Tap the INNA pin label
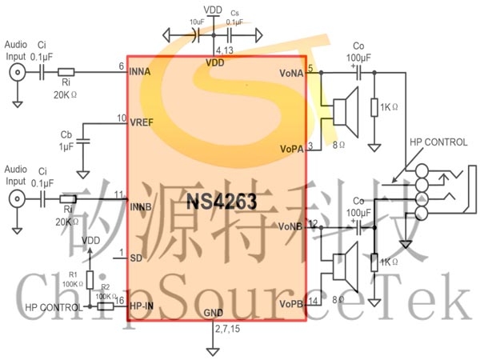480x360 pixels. (142, 71)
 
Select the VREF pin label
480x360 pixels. (142, 122)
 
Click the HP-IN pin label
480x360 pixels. (142, 305)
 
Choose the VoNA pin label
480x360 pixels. (291, 72)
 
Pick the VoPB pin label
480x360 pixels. (291, 304)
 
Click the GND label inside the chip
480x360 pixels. (214, 312)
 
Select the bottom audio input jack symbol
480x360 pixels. (16, 196)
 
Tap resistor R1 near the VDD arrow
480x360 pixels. (90, 280)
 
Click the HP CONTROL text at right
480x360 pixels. (438, 142)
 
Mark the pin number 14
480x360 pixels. (313, 300)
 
